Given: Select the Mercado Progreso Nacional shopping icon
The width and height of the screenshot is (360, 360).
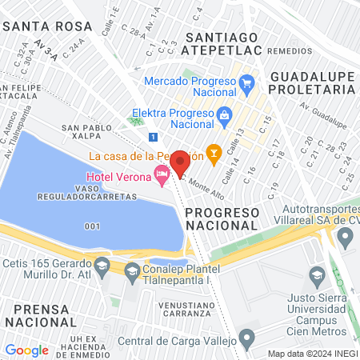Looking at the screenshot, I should [x=246, y=82].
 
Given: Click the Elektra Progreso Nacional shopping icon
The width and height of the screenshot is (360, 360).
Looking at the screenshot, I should [x=224, y=114].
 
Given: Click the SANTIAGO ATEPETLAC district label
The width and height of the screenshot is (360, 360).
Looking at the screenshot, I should [x=221, y=44].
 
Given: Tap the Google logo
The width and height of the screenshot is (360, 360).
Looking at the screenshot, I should [x=27, y=350].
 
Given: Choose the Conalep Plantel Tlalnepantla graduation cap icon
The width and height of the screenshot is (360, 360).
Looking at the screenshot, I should [x=131, y=271].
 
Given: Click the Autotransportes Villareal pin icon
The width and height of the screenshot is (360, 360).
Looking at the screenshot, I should [x=346, y=236].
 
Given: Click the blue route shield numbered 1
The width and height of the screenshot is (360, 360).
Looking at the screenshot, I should [x=153, y=137].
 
